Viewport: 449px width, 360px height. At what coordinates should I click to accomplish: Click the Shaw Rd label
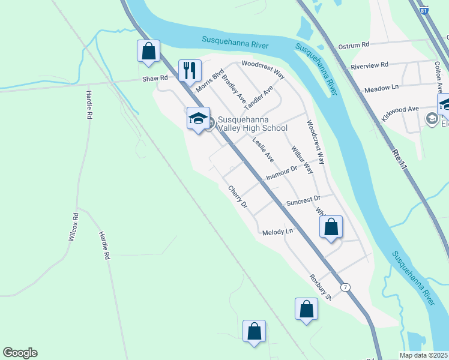pyautogui.click(x=154, y=79)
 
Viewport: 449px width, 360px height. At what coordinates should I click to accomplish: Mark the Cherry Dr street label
pyautogui.click(x=238, y=196)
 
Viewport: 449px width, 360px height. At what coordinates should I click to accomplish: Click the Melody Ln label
pyautogui.click(x=277, y=232)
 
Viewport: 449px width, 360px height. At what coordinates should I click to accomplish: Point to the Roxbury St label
pyautogui.click(x=321, y=287)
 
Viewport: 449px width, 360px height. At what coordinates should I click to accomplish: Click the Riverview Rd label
pyautogui.click(x=370, y=65)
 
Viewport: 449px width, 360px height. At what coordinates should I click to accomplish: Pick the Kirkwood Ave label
pyautogui.click(x=402, y=109)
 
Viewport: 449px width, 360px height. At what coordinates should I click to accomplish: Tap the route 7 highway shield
pyautogui.click(x=345, y=287)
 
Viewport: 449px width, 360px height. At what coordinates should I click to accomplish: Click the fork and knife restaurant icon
pyautogui.click(x=190, y=70)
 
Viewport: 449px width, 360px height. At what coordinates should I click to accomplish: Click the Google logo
pyautogui.click(x=20, y=353)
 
